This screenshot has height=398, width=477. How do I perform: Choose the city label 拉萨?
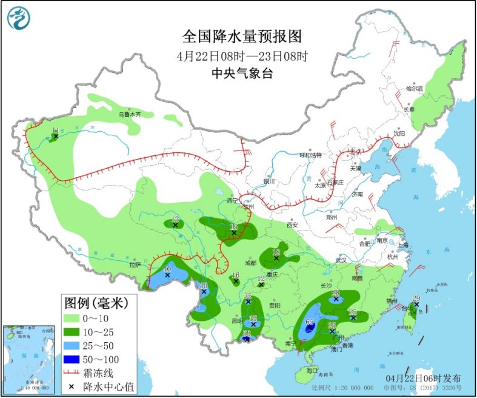[135, 265]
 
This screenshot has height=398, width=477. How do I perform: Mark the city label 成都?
[250, 263]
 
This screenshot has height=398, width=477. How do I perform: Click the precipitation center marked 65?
[309, 329]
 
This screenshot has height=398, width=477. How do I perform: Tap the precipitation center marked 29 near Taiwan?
[416, 304]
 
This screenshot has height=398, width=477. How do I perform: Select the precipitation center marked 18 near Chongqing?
[276, 258]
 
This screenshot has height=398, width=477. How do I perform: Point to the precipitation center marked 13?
[175, 225]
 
